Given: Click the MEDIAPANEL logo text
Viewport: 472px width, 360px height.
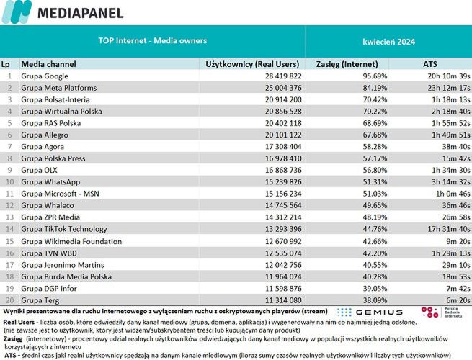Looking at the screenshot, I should click(79, 12).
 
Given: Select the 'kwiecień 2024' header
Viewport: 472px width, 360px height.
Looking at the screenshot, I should click(388, 41).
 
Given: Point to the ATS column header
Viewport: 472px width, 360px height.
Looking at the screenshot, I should click(429, 64).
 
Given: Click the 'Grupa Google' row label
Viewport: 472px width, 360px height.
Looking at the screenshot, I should click(45, 76).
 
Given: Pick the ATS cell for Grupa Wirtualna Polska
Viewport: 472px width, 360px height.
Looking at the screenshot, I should click(450, 111).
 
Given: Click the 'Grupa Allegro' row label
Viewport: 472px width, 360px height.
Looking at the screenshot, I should click(45, 135).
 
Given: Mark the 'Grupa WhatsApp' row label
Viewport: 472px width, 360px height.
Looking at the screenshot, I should click(50, 182).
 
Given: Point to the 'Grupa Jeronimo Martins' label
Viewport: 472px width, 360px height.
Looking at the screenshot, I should click(59, 265).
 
